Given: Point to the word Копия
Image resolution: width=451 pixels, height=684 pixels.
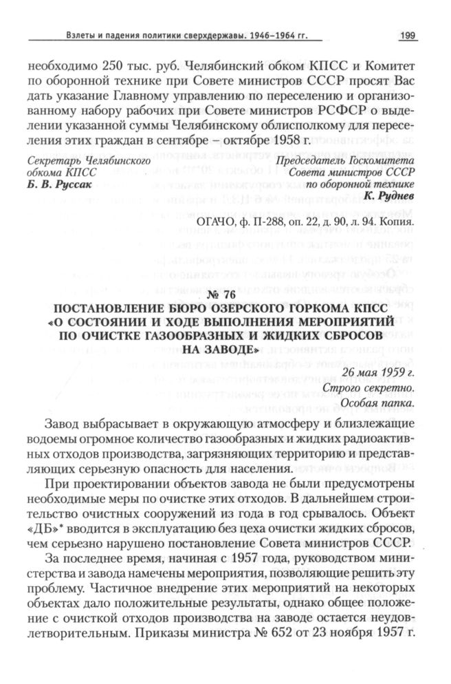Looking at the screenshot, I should pos(397,222).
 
